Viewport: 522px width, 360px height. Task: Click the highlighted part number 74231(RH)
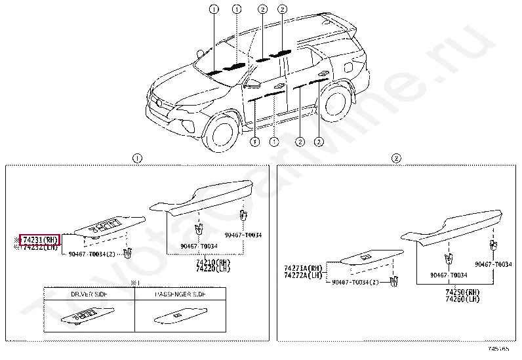[x=40, y=240]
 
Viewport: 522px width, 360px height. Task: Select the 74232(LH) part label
[x=40, y=247]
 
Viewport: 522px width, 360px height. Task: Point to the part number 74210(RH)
[x=209, y=262]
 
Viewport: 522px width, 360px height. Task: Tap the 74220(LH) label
[x=209, y=269]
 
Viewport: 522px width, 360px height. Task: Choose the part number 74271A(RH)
[x=304, y=268]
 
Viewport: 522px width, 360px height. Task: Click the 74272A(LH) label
[x=304, y=275]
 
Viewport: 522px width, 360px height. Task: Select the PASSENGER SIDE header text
[x=180, y=295]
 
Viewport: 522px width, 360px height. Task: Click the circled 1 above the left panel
[x=137, y=158]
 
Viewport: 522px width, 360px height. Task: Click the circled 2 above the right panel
[x=396, y=158]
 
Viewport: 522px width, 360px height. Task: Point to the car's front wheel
[x=220, y=132]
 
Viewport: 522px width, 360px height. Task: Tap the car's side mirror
[x=251, y=84]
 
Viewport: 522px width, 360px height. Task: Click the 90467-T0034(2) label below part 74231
[x=92, y=254]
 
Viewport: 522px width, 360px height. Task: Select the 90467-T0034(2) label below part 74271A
[x=355, y=282]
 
